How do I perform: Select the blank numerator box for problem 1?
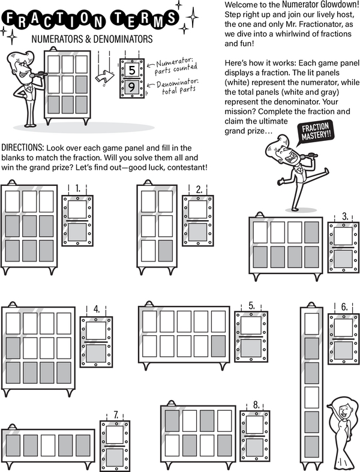pos(77,211)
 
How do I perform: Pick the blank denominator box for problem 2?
pos(198,232)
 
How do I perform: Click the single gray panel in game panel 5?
pos(218,346)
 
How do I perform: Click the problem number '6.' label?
pos(344,307)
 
